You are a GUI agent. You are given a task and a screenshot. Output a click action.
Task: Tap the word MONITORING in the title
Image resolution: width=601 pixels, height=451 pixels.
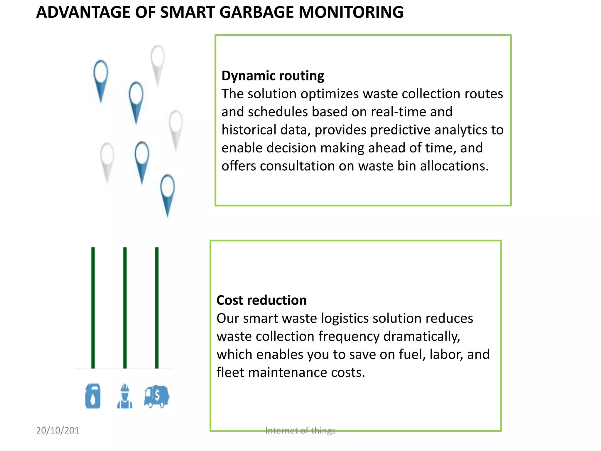(x=351, y=12)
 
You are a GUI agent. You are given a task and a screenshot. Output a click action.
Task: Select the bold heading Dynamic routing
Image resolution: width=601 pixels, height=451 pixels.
(x=273, y=76)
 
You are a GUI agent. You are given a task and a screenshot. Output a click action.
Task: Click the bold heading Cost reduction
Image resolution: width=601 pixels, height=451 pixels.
(x=261, y=300)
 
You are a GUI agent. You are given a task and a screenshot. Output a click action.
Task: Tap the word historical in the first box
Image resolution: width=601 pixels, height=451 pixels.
(x=249, y=130)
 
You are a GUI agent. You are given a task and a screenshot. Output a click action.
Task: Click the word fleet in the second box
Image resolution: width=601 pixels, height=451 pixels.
(x=230, y=373)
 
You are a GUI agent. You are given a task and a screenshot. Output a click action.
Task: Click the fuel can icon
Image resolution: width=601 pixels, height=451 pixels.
(x=93, y=396)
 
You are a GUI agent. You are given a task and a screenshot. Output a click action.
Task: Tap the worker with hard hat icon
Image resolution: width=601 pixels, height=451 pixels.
(x=125, y=396)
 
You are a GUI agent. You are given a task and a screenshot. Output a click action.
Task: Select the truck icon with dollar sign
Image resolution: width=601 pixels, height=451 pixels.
(x=157, y=396)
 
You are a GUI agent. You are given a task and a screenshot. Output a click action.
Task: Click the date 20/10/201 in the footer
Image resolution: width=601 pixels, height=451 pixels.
(x=58, y=430)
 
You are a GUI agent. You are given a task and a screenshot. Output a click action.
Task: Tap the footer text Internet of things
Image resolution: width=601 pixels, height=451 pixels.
(x=300, y=430)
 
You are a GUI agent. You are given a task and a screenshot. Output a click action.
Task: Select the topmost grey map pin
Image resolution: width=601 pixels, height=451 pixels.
(x=158, y=62)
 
